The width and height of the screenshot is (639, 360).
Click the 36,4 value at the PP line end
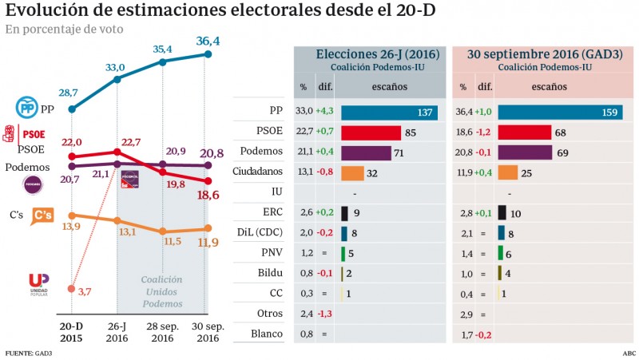click(208, 40)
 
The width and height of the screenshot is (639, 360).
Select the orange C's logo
click(42, 215)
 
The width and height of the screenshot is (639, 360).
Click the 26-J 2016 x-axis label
click(117, 332)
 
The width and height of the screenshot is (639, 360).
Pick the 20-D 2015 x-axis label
click(72, 332)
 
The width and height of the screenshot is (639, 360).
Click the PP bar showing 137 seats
click(389, 112)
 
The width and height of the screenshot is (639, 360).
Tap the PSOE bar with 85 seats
click(371, 133)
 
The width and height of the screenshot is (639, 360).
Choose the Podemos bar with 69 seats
click(524, 152)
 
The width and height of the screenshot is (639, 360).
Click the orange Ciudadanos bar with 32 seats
click(352, 172)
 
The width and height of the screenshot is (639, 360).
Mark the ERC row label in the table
click(272, 213)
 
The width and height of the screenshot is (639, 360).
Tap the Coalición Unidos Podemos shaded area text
click(161, 291)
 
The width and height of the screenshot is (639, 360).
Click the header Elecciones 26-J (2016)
click(367, 54)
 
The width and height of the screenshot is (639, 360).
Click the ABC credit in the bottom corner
click(629, 352)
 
